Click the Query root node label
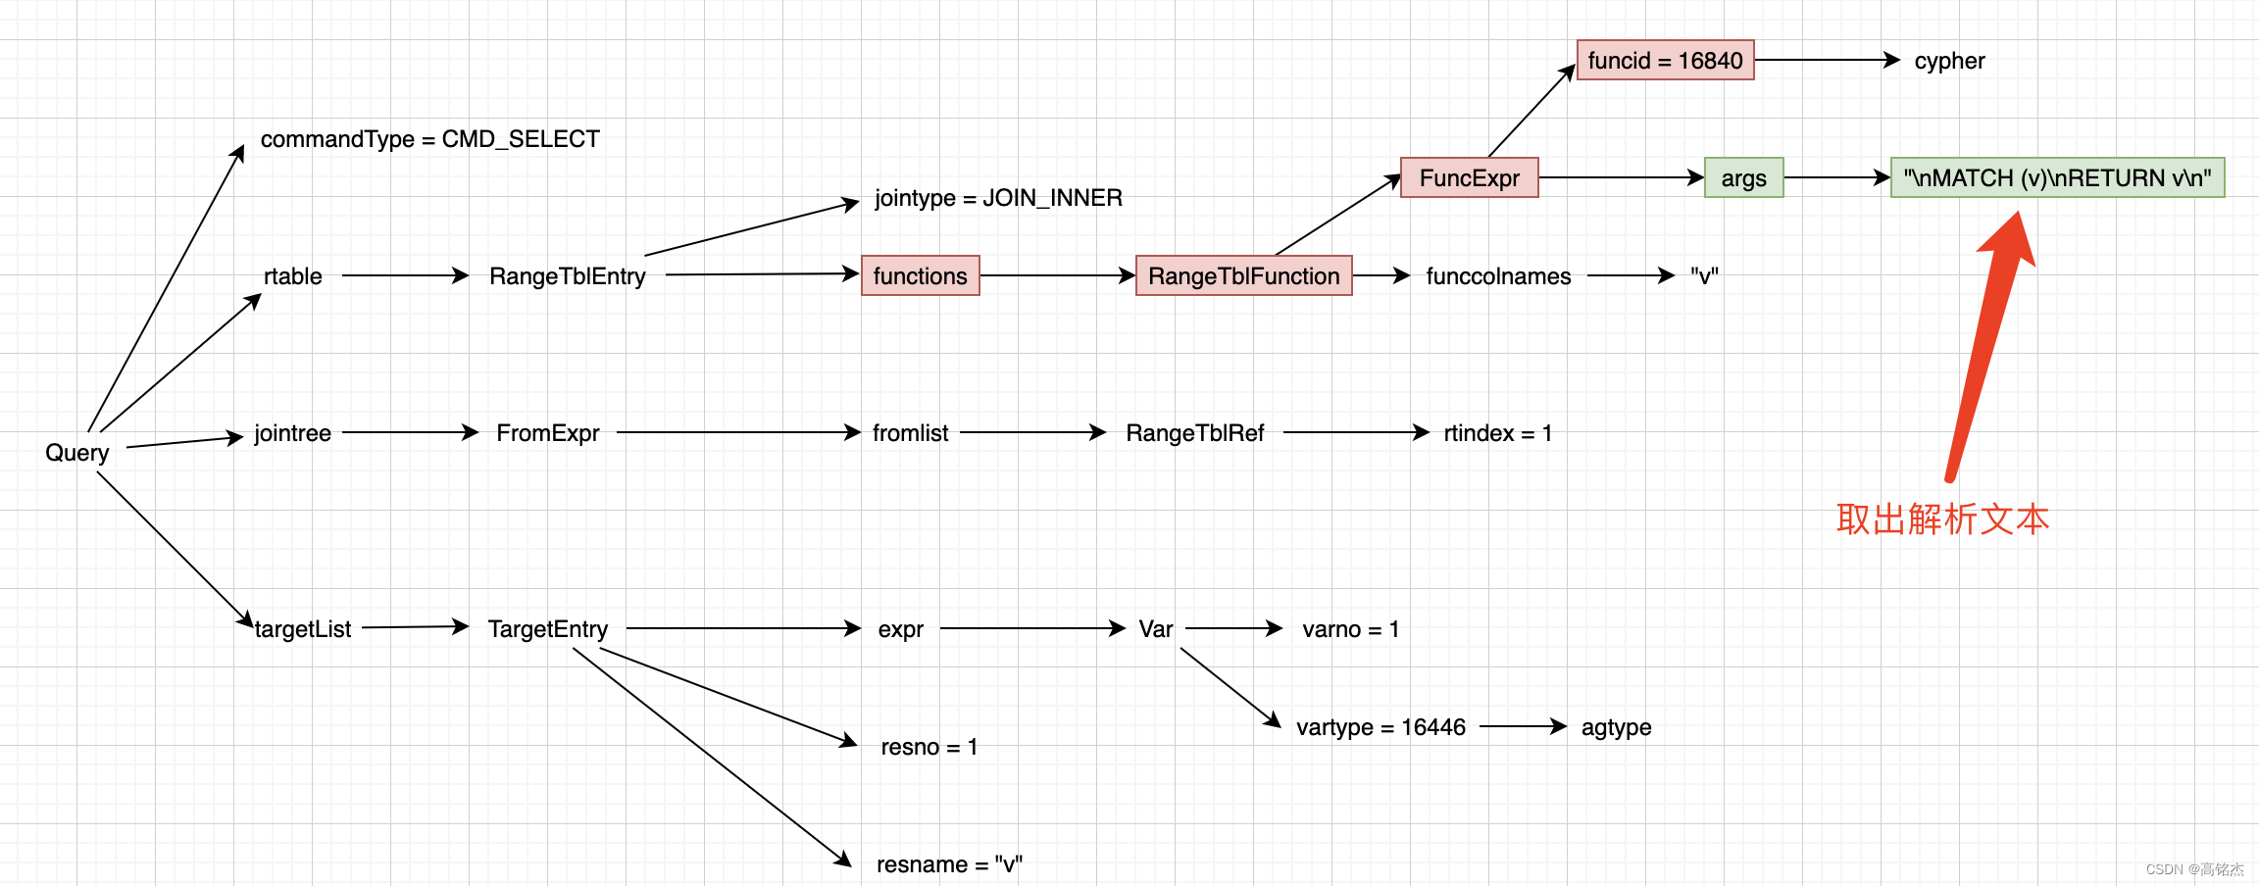(x=76, y=453)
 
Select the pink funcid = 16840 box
(x=1665, y=61)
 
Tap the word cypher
(x=1949, y=61)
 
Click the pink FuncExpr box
(x=1469, y=178)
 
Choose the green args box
(x=1743, y=178)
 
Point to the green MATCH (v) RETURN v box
(x=2057, y=178)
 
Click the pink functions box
(x=920, y=276)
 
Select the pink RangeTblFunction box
(x=1243, y=276)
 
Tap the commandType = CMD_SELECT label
(x=429, y=139)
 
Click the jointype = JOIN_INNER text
(x=998, y=198)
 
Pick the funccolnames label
(x=1498, y=276)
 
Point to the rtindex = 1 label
(x=1498, y=433)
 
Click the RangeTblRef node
(x=1194, y=433)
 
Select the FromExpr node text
(x=547, y=433)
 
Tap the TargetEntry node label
(x=547, y=629)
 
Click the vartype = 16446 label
(x=1380, y=727)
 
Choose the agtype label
(x=1616, y=727)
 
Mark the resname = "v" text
(x=949, y=864)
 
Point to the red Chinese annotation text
(x=1942, y=519)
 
